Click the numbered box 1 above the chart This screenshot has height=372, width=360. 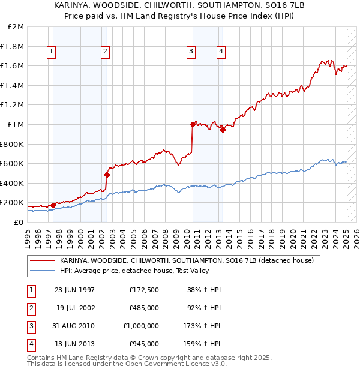coord(51,52)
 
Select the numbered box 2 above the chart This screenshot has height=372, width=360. coord(105,52)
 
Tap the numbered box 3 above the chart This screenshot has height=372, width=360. coord(191,52)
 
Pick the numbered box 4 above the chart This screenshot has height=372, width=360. coord(221,52)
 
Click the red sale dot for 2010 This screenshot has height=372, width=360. coord(193,124)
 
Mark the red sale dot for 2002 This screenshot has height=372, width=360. coord(107,175)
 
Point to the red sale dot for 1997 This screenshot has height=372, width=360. coord(53,205)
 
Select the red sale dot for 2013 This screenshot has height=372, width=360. coord(223,130)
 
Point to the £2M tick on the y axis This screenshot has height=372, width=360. coord(16,27)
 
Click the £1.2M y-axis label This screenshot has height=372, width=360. coord(13,105)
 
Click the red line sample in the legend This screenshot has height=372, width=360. coord(42,260)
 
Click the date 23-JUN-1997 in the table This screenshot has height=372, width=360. coord(74,290)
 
